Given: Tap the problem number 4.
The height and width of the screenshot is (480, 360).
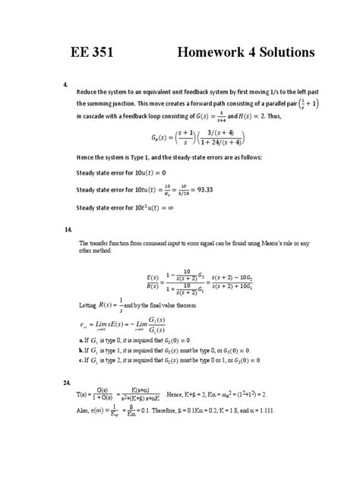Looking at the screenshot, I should click(x=66, y=84).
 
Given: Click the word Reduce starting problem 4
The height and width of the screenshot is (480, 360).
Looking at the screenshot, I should click(x=90, y=88).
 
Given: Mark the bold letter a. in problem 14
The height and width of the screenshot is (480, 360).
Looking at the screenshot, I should click(x=81, y=342).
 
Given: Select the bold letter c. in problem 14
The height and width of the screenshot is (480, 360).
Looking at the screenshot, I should click(x=81, y=361).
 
